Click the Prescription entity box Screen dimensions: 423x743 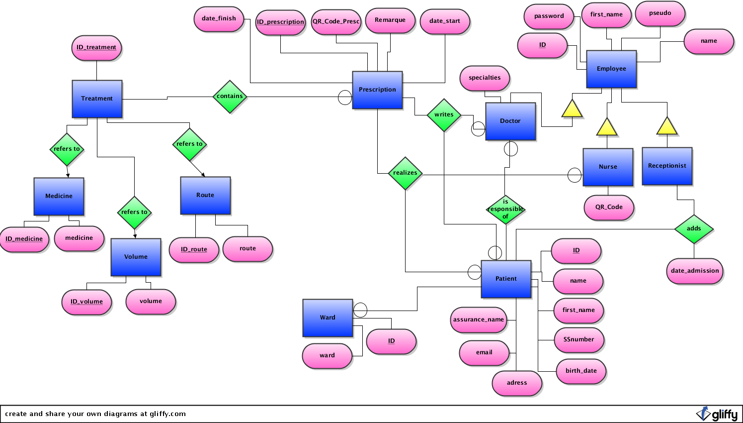[377, 90]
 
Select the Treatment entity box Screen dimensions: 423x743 [97, 99]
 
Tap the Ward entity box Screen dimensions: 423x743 [328, 317]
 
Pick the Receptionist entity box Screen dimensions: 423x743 [667, 166]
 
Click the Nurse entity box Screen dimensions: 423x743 [608, 167]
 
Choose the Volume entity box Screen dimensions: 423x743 [136, 257]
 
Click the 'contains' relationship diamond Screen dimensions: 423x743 [230, 97]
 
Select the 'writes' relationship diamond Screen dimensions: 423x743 [444, 114]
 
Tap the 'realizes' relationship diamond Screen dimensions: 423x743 [405, 173]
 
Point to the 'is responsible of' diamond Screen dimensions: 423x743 [505, 209]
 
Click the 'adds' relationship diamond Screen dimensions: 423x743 [694, 229]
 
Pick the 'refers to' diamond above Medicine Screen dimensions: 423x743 [67, 149]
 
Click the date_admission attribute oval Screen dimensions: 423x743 [695, 271]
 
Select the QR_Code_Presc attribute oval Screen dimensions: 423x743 [336, 22]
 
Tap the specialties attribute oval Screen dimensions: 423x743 [485, 78]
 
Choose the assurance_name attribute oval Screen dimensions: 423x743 [479, 319]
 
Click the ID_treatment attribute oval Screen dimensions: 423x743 [96, 48]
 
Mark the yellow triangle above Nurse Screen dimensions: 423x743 [607, 127]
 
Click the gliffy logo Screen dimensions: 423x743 [717, 414]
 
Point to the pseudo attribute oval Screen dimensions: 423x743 [660, 13]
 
